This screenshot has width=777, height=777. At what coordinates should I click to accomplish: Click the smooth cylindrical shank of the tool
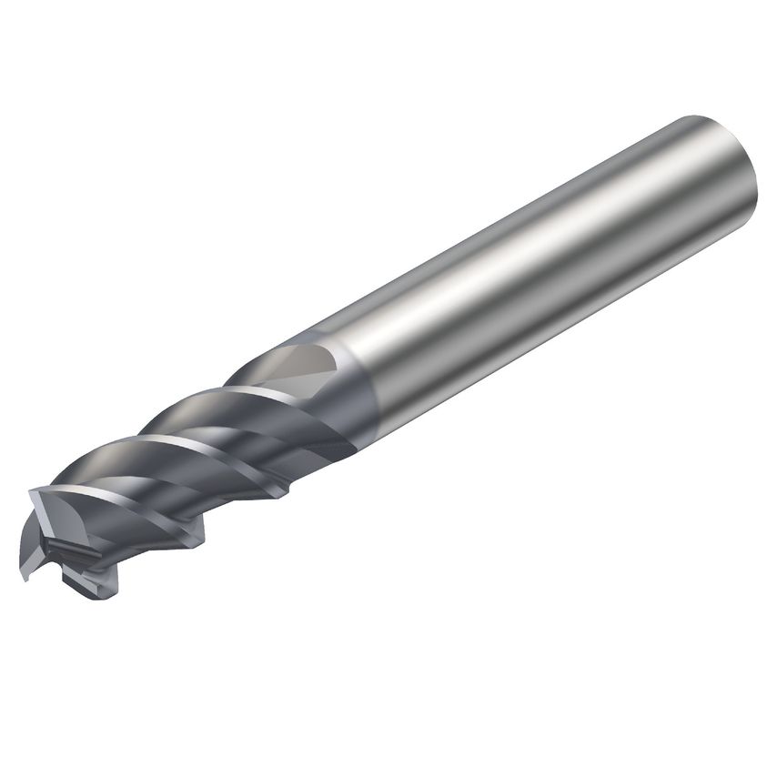pyautogui.click(x=546, y=273)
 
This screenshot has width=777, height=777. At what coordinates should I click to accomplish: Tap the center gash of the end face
pyautogui.click(x=68, y=546)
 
